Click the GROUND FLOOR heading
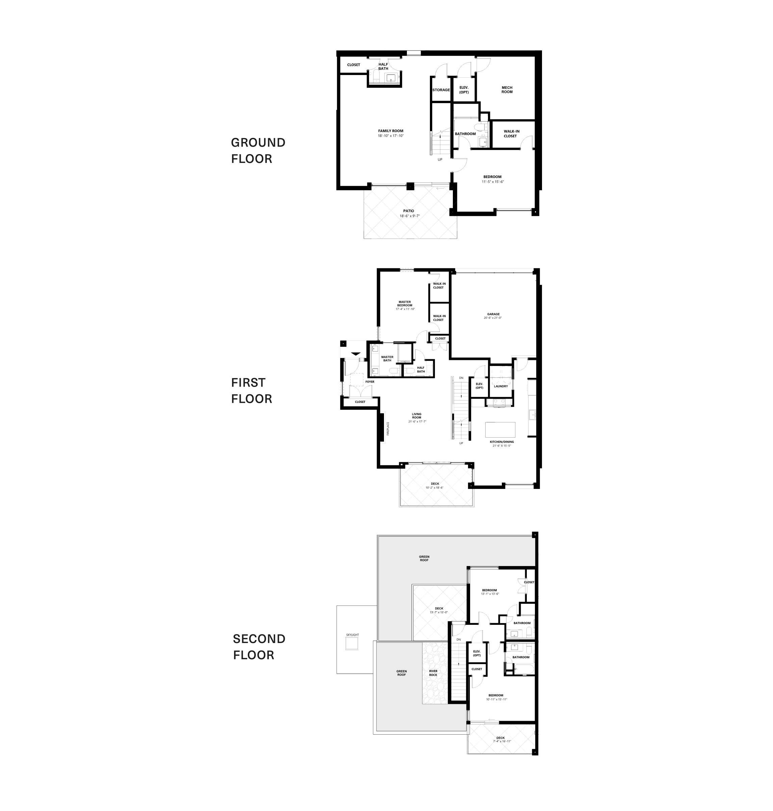tap(258, 150)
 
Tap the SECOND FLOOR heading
tap(259, 646)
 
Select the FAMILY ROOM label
tap(391, 131)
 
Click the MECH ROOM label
tap(507, 90)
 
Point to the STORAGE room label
tap(441, 90)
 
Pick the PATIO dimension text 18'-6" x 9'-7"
tap(409, 216)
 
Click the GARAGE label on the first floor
tap(493, 314)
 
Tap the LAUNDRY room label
tap(500, 386)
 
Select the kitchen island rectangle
tap(500, 429)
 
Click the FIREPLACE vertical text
tap(388, 428)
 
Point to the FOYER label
tap(369, 382)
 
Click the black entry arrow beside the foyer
tap(356, 354)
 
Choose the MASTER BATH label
tap(387, 359)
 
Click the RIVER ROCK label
tap(433, 673)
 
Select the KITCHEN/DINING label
tap(501, 442)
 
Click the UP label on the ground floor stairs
tap(440, 159)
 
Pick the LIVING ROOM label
tap(417, 416)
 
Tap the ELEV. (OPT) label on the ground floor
tap(464, 90)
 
